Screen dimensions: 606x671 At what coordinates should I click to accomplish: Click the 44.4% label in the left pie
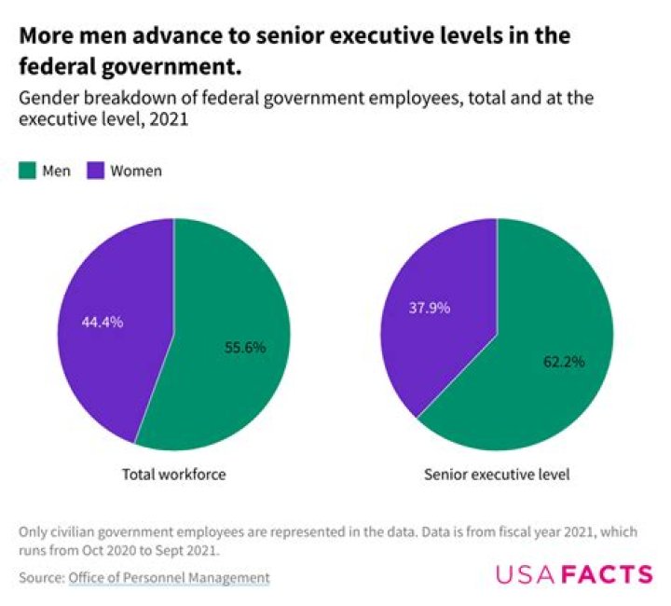tap(103, 322)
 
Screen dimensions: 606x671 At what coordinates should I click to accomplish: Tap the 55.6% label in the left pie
tap(245, 347)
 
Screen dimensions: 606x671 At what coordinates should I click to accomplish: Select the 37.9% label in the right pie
tap(429, 307)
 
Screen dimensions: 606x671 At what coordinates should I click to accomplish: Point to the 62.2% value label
tap(564, 361)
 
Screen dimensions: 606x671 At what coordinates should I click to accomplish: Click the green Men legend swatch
tap(27, 171)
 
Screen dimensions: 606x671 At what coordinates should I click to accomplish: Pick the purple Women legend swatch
tap(95, 171)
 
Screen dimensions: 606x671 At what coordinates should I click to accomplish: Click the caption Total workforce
tap(174, 475)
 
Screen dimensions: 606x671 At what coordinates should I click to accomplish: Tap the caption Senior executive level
tap(497, 475)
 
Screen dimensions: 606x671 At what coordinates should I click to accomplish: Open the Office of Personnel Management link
tap(169, 578)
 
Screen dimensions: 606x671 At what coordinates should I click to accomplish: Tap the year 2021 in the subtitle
tap(170, 119)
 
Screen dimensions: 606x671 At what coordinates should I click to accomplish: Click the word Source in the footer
tap(40, 578)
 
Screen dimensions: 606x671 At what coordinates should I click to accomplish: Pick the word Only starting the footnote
tap(34, 531)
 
